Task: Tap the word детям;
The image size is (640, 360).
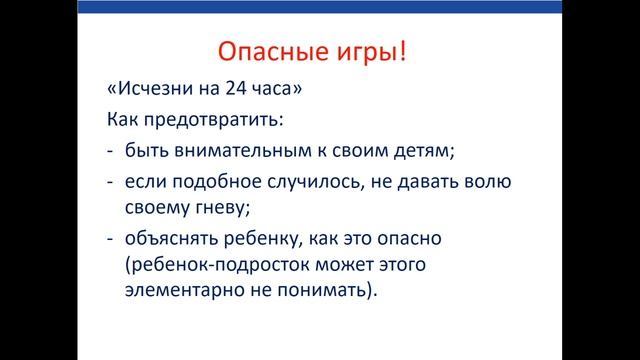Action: pyautogui.click(x=422, y=152)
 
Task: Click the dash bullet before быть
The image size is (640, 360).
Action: pyautogui.click(x=110, y=152)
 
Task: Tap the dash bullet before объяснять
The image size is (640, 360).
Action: pyautogui.click(x=110, y=239)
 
